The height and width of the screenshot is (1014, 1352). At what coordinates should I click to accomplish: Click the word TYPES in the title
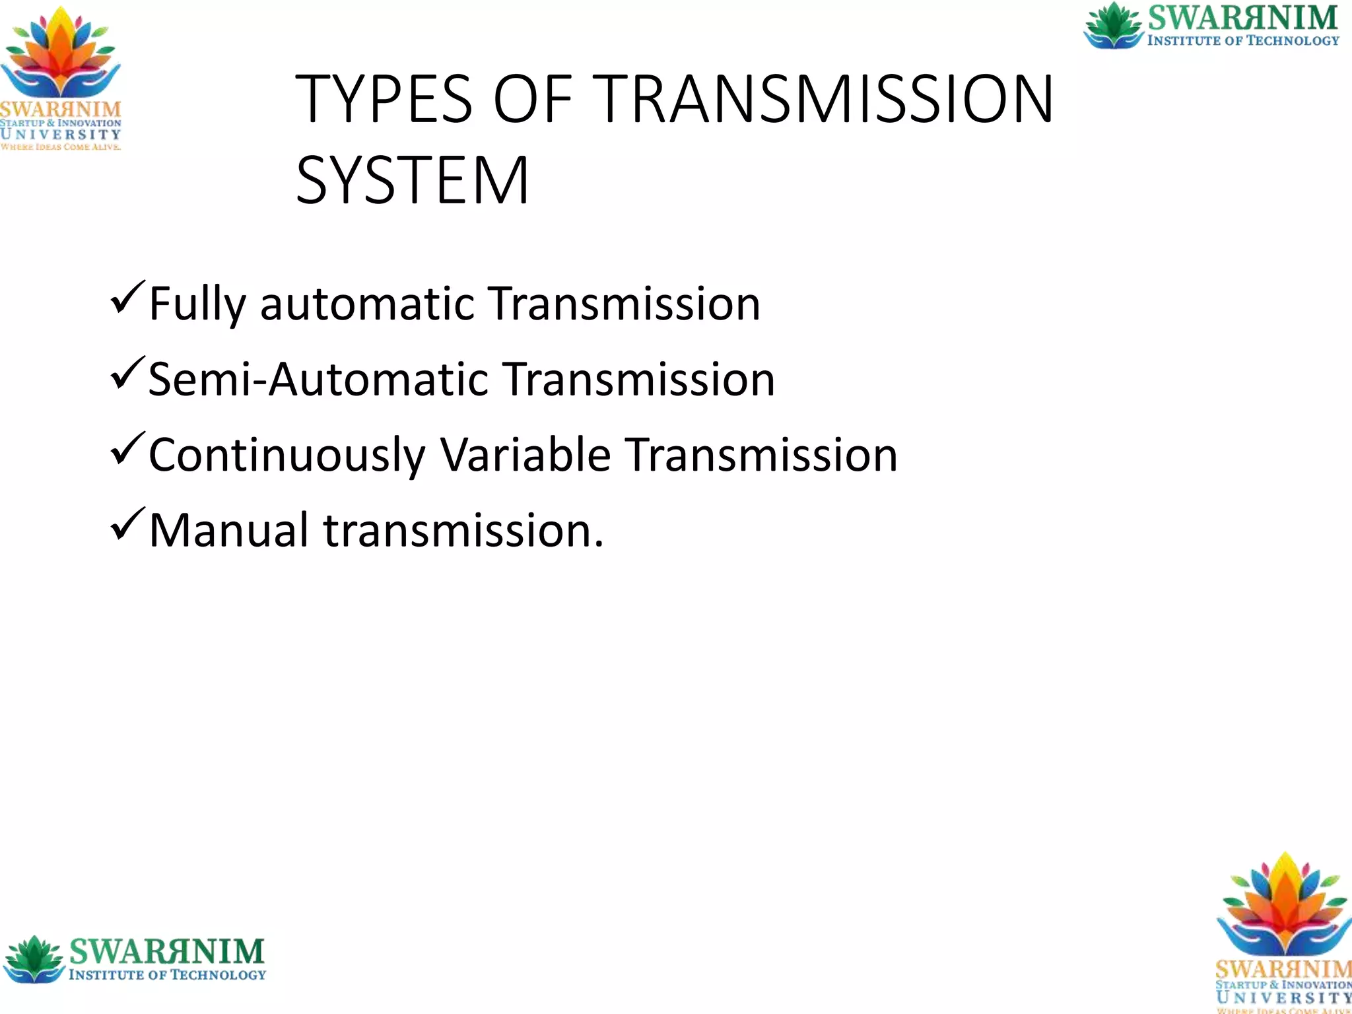pyautogui.click(x=384, y=100)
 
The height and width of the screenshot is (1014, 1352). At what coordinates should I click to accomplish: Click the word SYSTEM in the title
pyautogui.click(x=412, y=180)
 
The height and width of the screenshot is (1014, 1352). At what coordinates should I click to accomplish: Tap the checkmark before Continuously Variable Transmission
pyautogui.click(x=127, y=448)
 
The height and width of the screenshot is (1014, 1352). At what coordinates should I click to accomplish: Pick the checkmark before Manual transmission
pyautogui.click(x=127, y=524)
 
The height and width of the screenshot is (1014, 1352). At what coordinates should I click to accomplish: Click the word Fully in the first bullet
pyautogui.click(x=197, y=305)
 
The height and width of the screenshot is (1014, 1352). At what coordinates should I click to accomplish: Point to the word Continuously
pyautogui.click(x=287, y=456)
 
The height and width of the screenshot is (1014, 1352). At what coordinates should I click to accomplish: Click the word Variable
pyautogui.click(x=525, y=455)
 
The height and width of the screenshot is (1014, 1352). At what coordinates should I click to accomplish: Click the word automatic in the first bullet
pyautogui.click(x=367, y=305)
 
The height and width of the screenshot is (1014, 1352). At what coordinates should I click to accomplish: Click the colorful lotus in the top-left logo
pyautogui.click(x=61, y=56)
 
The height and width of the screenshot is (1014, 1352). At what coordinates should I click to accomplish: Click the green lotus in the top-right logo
pyautogui.click(x=1114, y=25)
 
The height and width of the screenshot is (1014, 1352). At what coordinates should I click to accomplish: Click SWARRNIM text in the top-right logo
pyautogui.click(x=1243, y=18)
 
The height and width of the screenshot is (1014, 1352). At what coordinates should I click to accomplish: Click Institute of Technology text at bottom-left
pyautogui.click(x=167, y=975)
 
